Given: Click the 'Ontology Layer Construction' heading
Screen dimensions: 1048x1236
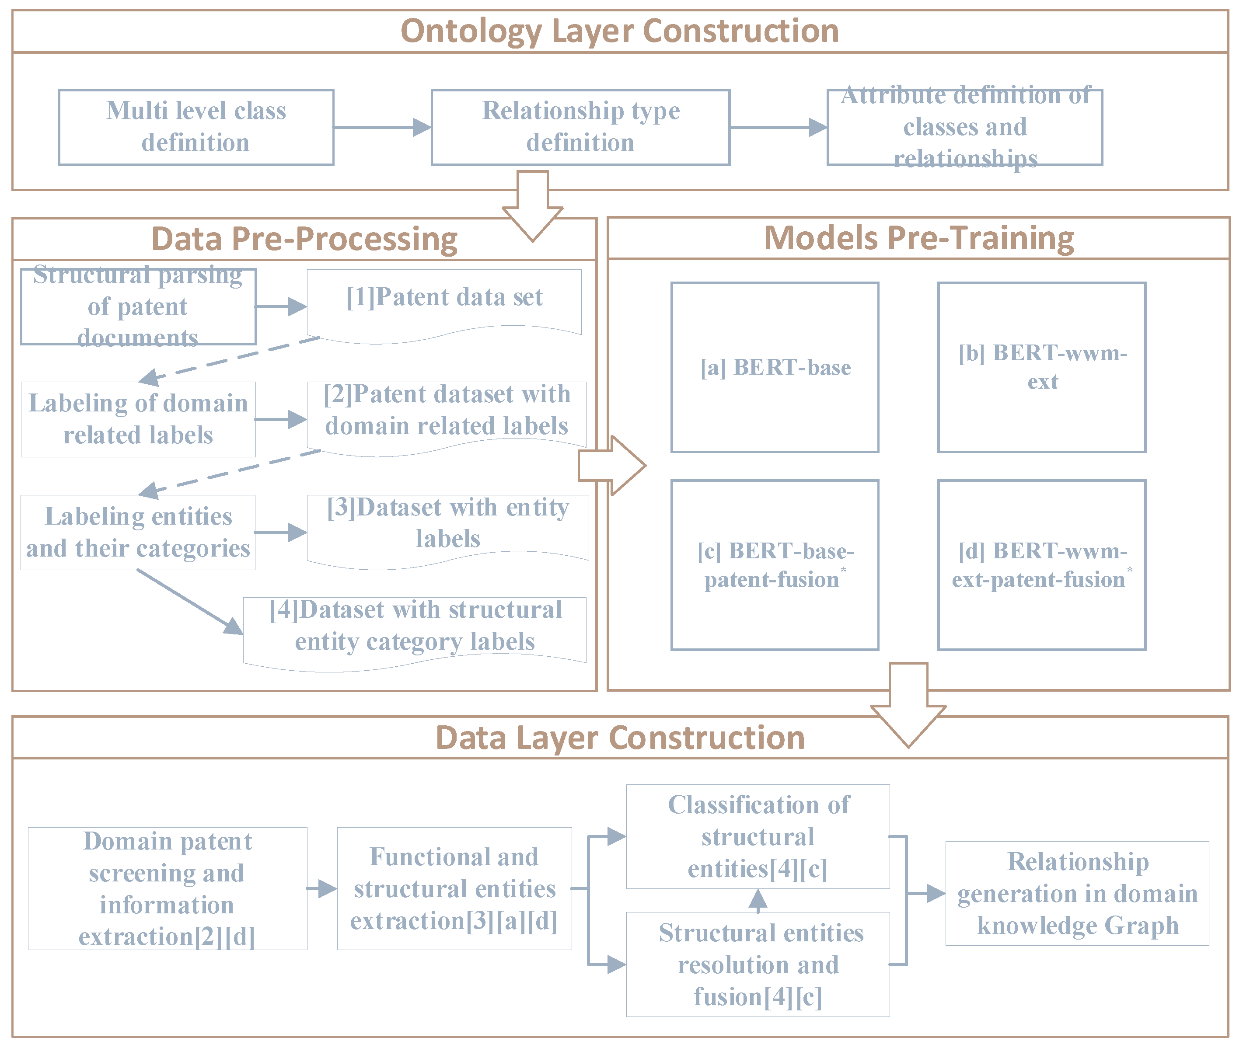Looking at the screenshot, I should (x=619, y=31).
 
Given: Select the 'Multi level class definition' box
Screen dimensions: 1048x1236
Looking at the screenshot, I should (x=196, y=127).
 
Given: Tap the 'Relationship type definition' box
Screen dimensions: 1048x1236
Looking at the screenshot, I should (x=580, y=127).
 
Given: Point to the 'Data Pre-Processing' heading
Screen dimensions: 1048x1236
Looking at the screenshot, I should (x=304, y=239).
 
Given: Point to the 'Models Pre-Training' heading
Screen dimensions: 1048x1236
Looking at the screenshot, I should (x=918, y=238).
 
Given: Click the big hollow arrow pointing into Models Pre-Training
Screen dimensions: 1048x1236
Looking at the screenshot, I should (x=612, y=466).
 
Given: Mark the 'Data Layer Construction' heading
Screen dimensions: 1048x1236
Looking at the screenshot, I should (x=619, y=738).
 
